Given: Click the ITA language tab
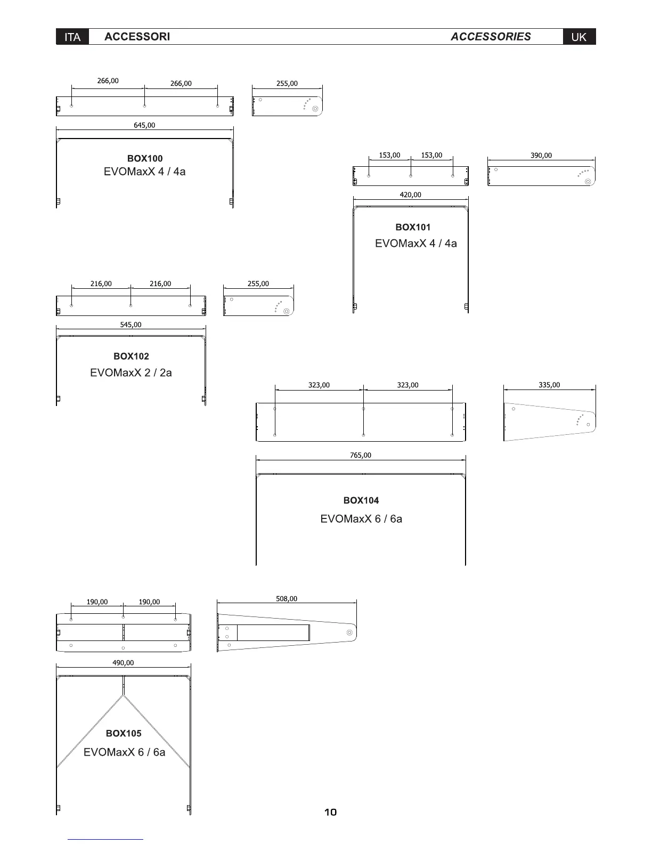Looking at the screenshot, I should (72, 37).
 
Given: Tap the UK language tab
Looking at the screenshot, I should (579, 37).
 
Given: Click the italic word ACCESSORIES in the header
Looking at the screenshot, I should (491, 37).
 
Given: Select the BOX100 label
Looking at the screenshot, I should (145, 158).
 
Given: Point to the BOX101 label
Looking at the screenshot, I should (413, 227).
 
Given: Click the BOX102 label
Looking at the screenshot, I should (131, 356).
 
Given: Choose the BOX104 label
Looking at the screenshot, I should (361, 500).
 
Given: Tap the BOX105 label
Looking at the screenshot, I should (124, 733).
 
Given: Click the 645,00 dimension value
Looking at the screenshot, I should (144, 125).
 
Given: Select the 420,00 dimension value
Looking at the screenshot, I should (410, 195).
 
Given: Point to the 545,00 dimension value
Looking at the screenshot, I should (131, 324).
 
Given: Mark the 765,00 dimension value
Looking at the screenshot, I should (361, 455).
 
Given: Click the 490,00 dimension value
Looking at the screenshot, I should (123, 663).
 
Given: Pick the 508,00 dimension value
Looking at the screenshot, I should (287, 599).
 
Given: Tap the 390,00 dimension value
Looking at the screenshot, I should (541, 156).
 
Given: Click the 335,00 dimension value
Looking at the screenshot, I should (549, 385).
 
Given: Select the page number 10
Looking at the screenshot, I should (330, 812).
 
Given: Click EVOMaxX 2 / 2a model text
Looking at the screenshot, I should (131, 372).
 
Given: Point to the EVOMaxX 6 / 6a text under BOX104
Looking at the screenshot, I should (361, 519).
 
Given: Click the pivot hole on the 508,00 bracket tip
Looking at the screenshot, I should (349, 632).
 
